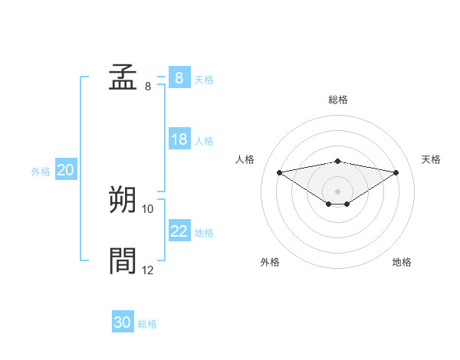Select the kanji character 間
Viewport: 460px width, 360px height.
pos(123,260)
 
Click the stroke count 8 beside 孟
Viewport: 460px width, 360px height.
pos(147,87)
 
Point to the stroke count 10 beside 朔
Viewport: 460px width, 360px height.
pos(148,208)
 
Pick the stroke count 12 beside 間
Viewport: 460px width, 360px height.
pos(148,270)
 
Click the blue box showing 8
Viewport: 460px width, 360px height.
pos(179,78)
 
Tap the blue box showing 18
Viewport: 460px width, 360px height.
pos(179,139)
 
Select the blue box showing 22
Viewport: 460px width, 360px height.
pos(179,231)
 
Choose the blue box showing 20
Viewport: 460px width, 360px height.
pos(65,170)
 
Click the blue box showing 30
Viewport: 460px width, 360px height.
pos(122,322)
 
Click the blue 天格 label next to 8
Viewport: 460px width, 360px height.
pos(204,79)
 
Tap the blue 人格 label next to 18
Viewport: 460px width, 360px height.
pos(204,140)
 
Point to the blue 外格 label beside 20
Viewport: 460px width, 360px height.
pos(41,172)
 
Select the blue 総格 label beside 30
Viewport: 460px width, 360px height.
pos(147,324)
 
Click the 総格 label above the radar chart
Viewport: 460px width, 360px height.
pos(337,100)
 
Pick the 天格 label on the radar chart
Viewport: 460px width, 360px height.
pos(431,159)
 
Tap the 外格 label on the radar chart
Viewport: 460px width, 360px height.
pos(270,262)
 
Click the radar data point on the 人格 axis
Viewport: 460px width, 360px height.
pos(279,172)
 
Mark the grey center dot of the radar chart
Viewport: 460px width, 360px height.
pos(337,191)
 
